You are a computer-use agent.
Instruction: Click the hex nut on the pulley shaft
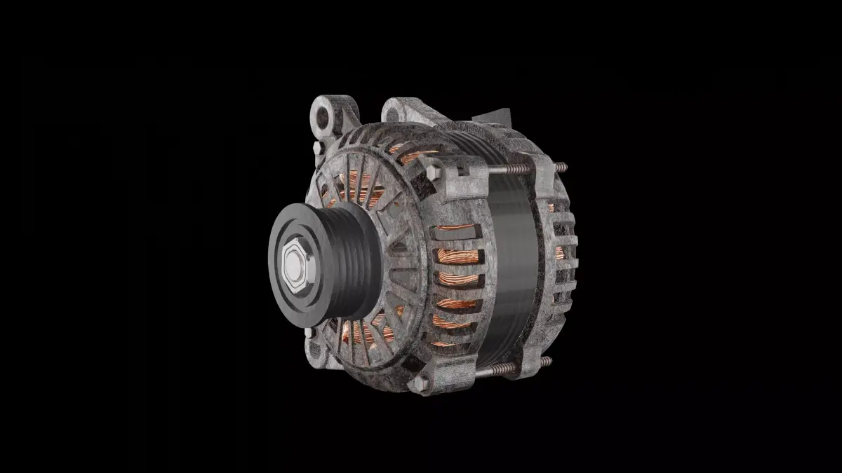pos(293,267)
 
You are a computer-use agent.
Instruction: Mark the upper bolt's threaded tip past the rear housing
pos(561,167)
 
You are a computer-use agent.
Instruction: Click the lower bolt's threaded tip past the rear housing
pos(545,362)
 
